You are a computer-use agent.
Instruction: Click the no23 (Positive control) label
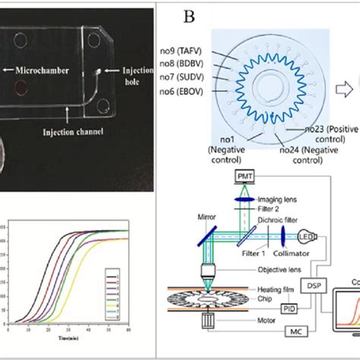(x=313, y=133)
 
